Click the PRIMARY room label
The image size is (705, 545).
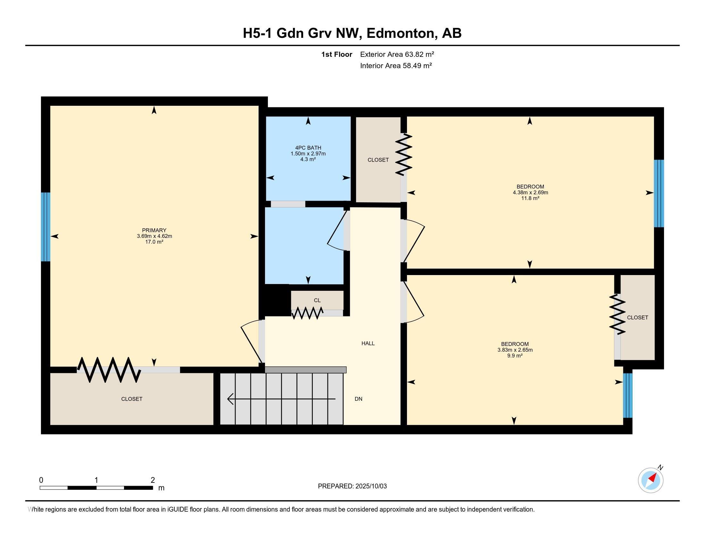(x=154, y=230)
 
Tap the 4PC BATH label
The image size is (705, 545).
(x=308, y=148)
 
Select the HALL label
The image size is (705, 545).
(x=368, y=343)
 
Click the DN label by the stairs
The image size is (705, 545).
(x=358, y=399)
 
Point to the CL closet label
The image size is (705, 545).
(x=317, y=300)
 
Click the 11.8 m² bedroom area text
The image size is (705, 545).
(x=530, y=198)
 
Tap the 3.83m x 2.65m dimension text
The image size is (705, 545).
(x=515, y=350)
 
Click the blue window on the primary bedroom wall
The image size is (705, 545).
(x=46, y=227)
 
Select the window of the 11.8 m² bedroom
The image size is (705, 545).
(x=659, y=193)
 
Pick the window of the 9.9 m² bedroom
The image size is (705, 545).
(x=627, y=395)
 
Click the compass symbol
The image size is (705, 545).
(x=651, y=480)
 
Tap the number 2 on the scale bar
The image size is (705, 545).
(x=153, y=480)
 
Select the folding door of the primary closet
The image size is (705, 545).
(x=109, y=370)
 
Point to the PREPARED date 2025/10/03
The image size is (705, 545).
(x=352, y=486)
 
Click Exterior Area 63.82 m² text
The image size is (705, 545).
(x=397, y=54)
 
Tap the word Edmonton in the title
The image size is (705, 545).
(x=400, y=33)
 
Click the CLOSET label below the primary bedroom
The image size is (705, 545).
(x=131, y=399)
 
